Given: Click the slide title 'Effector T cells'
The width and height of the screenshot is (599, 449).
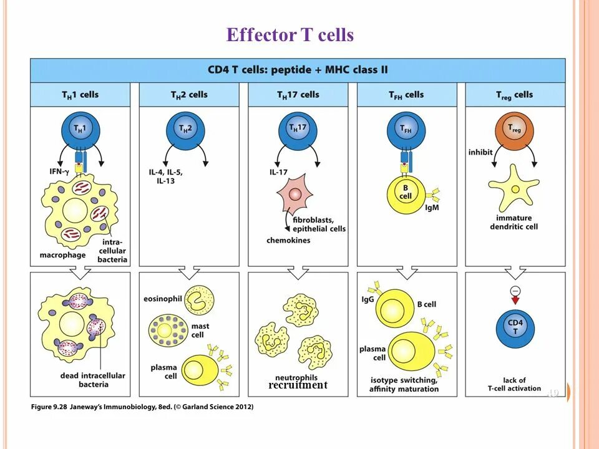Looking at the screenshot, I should pos(290,35).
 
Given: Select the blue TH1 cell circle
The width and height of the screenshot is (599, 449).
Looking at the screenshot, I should pos(80,130).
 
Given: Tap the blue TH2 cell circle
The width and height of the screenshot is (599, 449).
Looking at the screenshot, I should pos(185,130).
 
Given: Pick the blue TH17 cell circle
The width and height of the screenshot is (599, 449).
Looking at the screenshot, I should pos(297,130).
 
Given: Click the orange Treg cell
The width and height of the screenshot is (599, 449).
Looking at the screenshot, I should pos(515,130).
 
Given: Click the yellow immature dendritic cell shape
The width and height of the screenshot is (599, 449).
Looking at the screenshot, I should pos(514,188).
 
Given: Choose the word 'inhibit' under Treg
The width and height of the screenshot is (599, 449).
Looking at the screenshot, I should pos(480,153).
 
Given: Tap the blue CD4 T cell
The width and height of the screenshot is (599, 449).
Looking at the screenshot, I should pos(515,327).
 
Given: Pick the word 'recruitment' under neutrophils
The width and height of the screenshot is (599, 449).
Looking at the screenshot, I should pos(298,385).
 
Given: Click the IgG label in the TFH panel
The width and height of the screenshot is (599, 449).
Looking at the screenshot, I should pos(368,300).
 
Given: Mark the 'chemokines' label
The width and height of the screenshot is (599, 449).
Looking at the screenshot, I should pos(288,241).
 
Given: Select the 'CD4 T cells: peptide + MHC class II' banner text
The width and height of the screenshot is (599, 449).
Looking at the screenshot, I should pos(297,70).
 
